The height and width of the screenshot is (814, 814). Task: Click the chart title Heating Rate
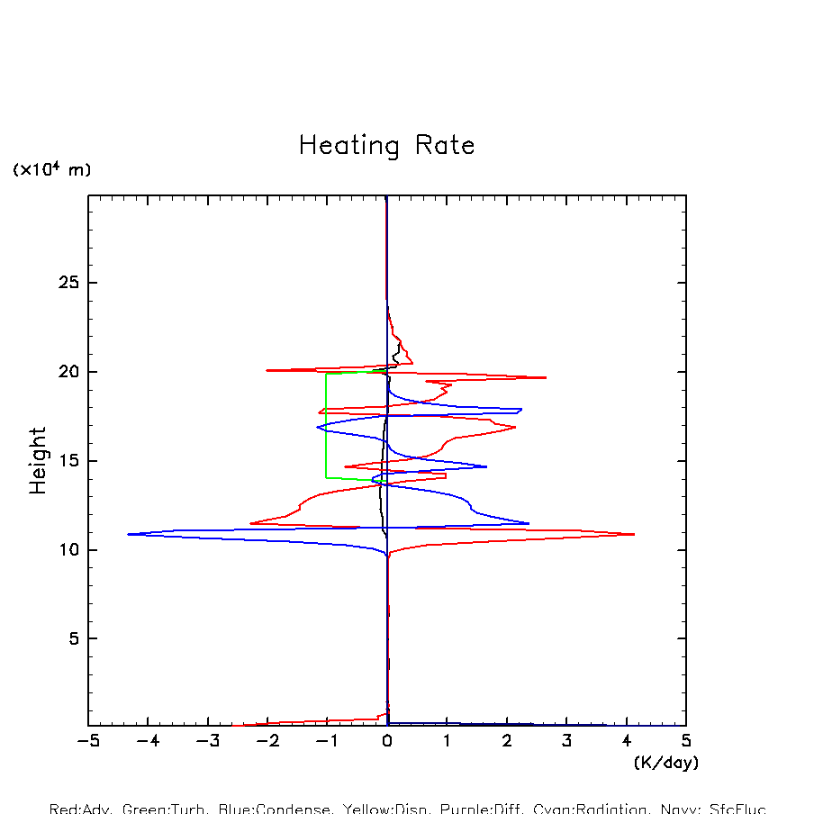(x=386, y=146)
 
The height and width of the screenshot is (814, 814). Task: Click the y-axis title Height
(x=38, y=461)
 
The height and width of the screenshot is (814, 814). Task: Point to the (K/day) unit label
(x=665, y=763)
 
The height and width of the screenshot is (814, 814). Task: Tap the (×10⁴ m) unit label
(x=51, y=169)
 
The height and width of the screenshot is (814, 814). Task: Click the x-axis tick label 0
(x=387, y=741)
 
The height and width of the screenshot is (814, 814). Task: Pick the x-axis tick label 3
(x=566, y=741)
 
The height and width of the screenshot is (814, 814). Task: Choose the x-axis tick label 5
(x=686, y=741)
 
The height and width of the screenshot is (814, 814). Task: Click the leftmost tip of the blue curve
(x=129, y=534)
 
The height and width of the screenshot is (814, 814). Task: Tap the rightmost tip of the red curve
(x=634, y=534)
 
